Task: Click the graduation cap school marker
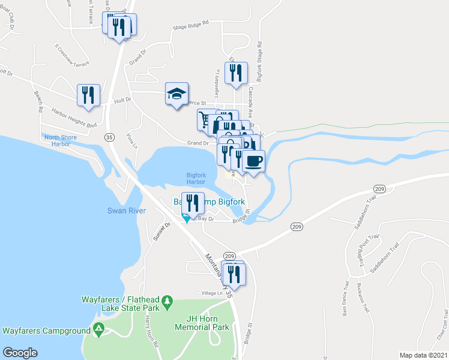click(177, 94)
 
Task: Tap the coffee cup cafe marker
click(253, 161)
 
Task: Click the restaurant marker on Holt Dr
click(88, 95)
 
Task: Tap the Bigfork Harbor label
click(196, 178)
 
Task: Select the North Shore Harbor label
click(61, 140)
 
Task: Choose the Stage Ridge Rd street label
click(190, 24)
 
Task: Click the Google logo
click(20, 353)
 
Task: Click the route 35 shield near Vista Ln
click(109, 137)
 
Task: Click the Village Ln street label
click(211, 293)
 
